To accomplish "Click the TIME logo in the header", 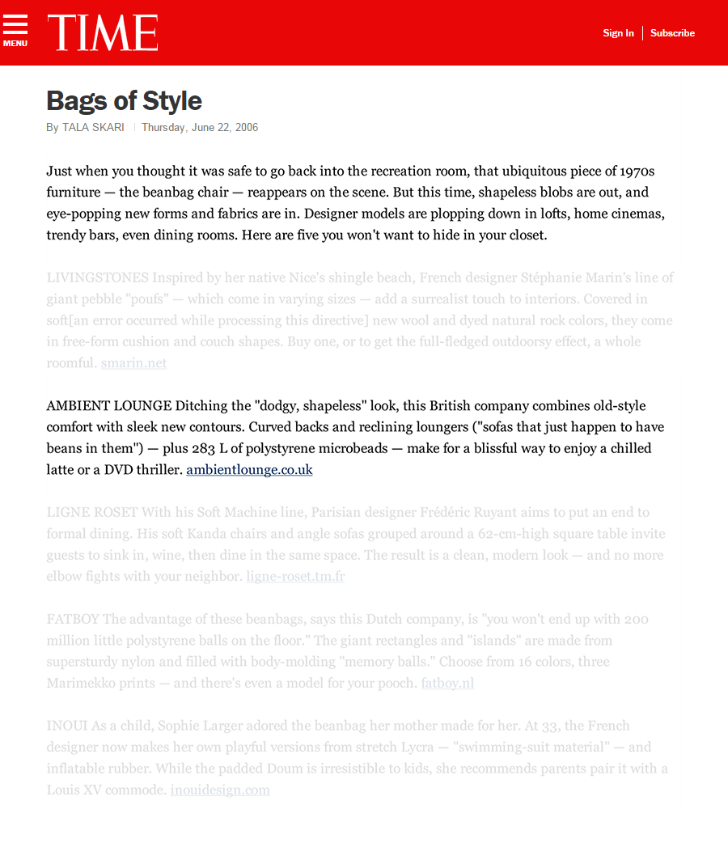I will [103, 33].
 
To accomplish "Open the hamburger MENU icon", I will [15, 31].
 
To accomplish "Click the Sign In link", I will [618, 33].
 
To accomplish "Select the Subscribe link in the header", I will [672, 33].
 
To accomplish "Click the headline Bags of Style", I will [124, 101].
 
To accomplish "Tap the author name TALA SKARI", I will [93, 127].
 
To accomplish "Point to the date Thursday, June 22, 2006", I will [200, 127].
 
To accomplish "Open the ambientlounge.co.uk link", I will [249, 469].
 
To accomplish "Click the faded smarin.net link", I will [133, 362].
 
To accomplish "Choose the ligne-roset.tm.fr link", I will [295, 576].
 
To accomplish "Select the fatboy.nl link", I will [447, 683].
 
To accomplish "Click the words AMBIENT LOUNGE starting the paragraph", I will [109, 405].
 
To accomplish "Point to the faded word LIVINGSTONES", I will [98, 277].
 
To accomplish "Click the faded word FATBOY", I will [73, 619].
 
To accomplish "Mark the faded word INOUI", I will [66, 726].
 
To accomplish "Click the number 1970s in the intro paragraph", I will [637, 172].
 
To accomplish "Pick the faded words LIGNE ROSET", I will [93, 512].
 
